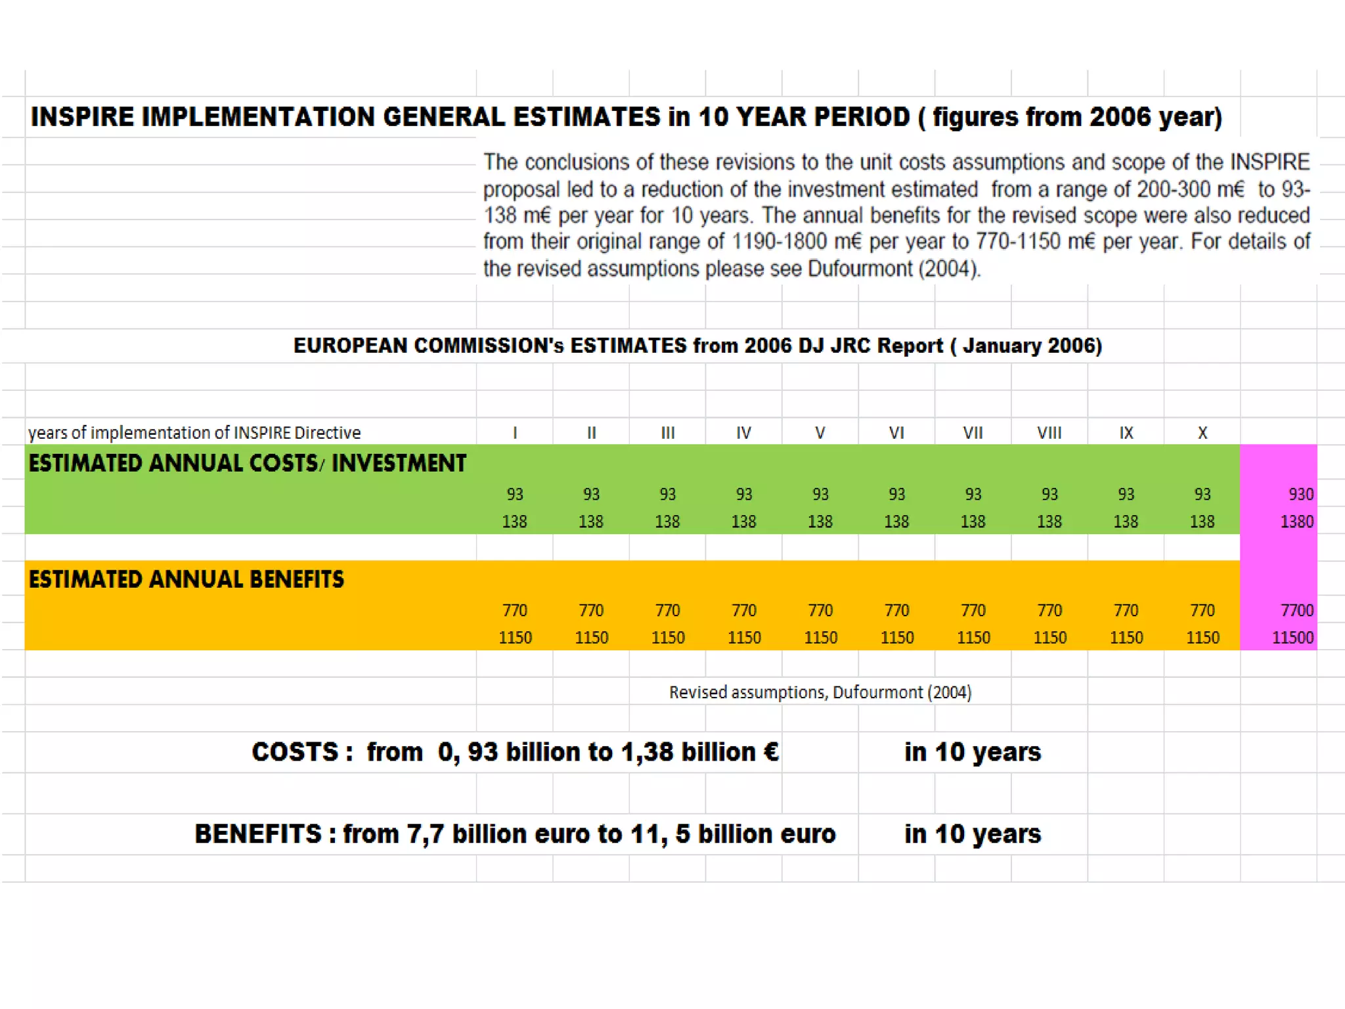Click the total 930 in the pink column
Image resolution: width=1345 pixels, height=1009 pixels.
pos(1300,494)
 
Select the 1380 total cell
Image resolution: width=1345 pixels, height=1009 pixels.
pos(1296,522)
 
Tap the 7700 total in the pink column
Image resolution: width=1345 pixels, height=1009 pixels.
pos(1296,610)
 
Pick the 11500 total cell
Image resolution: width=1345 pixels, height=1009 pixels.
pos(1292,638)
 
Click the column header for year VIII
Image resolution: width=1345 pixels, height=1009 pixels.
pos(1049,433)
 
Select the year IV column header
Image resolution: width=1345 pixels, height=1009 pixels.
pos(743,433)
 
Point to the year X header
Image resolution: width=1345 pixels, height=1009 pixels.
pos(1202,433)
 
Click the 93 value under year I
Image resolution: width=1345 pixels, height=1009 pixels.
pos(515,494)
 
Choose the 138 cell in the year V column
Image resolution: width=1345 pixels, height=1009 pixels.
pos(820,522)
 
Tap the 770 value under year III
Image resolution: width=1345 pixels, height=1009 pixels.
pos(667,610)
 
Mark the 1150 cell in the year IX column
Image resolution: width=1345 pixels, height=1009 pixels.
pos(1126,638)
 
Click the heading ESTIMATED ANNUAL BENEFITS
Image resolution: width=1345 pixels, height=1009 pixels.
pos(186,579)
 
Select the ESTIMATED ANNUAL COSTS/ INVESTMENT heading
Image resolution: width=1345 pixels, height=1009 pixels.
pos(247,464)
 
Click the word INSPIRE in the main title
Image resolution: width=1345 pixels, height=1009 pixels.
pos(82,117)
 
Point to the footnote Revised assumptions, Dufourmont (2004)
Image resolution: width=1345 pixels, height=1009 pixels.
pos(820,692)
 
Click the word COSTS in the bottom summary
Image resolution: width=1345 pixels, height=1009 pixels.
pos(295,752)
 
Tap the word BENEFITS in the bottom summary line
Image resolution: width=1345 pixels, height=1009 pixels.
pos(258,834)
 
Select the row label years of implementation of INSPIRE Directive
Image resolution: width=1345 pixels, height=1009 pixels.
pos(194,433)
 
